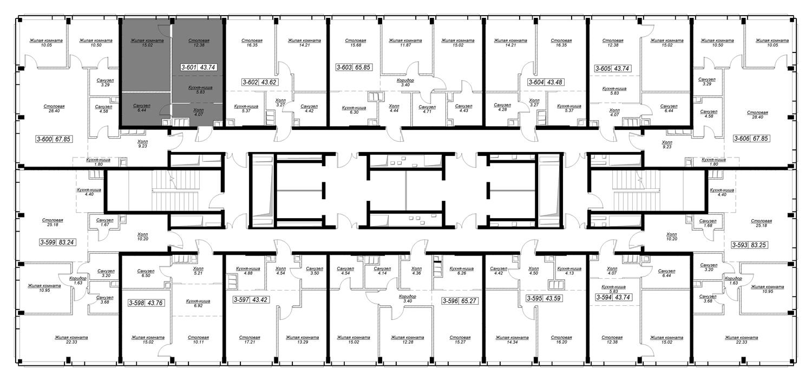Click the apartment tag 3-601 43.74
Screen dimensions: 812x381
199,67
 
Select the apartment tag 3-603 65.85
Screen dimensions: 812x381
354,67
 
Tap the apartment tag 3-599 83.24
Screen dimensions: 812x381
57,242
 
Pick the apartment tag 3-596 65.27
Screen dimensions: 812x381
460,301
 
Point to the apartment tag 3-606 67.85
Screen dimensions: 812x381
751,139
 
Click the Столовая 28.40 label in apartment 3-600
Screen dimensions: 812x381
54,108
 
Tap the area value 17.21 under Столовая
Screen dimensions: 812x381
250,342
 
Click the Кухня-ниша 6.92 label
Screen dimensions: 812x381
198,304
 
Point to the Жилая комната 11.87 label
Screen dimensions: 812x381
405,43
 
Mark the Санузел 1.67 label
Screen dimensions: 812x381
105,222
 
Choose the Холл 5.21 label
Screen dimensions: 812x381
198,271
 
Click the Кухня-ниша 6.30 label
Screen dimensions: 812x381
354,110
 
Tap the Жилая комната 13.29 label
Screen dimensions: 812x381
302,340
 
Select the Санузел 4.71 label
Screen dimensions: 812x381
427,109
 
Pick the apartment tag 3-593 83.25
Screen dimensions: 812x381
749,245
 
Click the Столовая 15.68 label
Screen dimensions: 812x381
356,43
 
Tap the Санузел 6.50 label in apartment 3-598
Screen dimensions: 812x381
146,273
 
